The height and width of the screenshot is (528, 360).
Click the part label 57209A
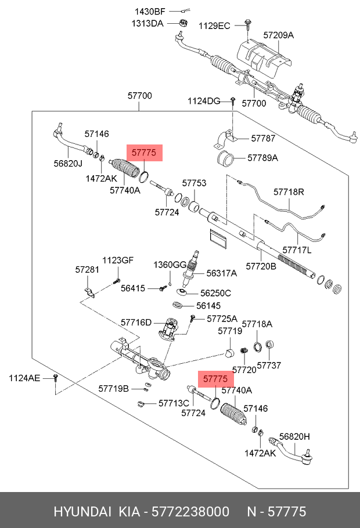(279, 35)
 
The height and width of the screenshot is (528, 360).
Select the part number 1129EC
(215, 26)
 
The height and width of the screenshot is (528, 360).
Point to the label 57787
(263, 138)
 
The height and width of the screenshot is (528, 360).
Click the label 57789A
(263, 158)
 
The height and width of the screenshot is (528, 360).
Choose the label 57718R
(289, 191)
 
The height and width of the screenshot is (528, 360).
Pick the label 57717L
(297, 250)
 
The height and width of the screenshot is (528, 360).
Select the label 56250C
(215, 293)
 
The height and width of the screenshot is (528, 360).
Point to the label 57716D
(136, 322)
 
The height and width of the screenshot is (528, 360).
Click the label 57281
(87, 270)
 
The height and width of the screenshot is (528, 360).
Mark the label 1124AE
(24, 378)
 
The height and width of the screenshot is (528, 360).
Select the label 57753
(194, 183)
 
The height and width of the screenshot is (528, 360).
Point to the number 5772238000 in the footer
(190, 512)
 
